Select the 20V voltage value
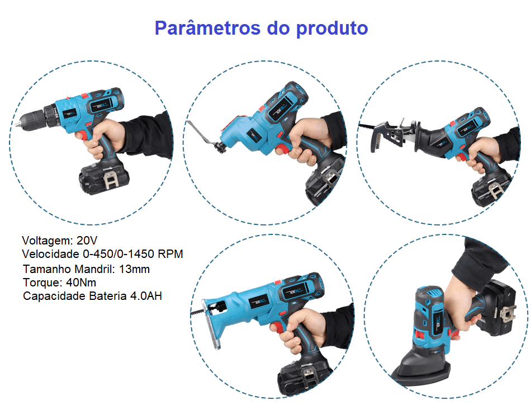coord(87,241)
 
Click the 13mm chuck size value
coord(135,269)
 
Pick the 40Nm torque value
coord(81,283)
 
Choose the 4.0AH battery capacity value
coord(146,295)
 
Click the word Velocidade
coord(50,253)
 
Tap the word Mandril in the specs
coord(94,269)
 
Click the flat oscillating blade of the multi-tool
coord(202,135)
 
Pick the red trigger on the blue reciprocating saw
coord(278,328)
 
